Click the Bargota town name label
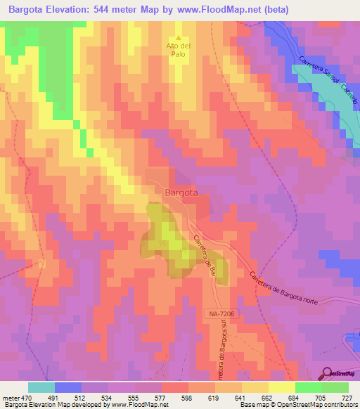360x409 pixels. [x=181, y=192]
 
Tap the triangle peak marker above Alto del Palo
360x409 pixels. [x=178, y=38]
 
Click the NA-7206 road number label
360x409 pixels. [x=224, y=318]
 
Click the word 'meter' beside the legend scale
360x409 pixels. [x=11, y=397]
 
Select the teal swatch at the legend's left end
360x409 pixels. [x=41, y=387]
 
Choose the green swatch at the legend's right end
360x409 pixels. [x=335, y=387]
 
